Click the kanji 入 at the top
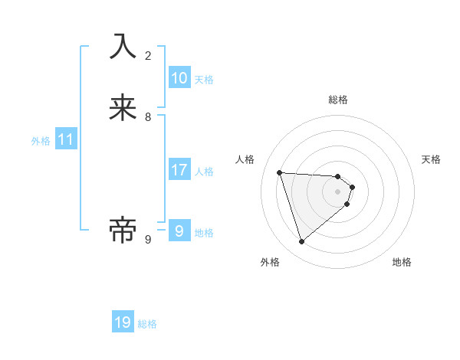point(123,46)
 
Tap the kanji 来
point(123,107)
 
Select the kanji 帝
point(123,230)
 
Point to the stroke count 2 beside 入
point(148,55)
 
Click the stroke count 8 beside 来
point(148,117)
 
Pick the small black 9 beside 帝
point(148,240)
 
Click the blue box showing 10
point(179,78)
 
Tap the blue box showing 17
point(179,170)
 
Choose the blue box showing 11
point(66,139)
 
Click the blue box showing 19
point(123,322)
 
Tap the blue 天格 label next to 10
point(204,80)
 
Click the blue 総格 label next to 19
point(147,324)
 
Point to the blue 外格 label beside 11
point(41,141)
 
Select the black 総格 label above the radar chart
point(338,100)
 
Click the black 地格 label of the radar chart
point(402,262)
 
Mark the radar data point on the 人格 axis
point(280,172)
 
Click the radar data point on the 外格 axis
point(302,242)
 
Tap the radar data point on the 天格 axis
point(352,187)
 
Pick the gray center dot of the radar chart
point(338,202)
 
